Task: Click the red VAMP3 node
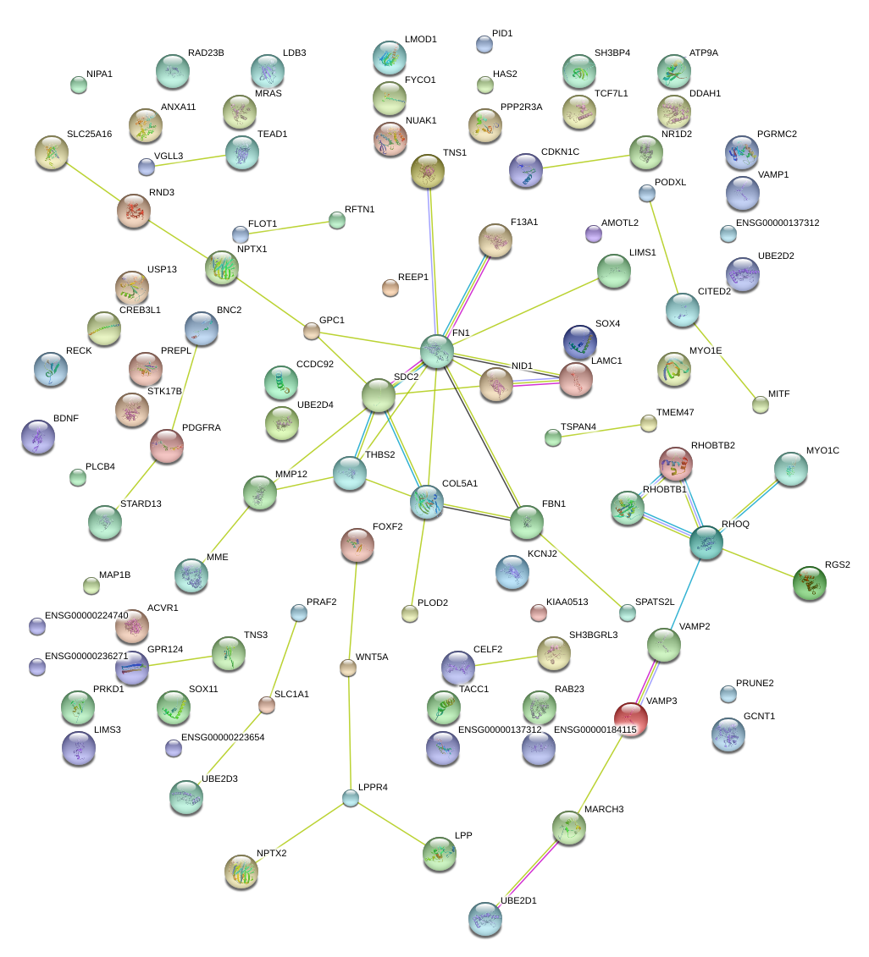(x=630, y=718)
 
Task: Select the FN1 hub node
(x=437, y=351)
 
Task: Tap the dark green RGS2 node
(x=809, y=583)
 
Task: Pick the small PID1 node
(x=484, y=43)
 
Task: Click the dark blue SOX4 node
(x=580, y=341)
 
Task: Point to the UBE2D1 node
(x=485, y=920)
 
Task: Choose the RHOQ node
(x=706, y=542)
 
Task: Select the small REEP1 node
(x=390, y=288)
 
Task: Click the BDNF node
(x=38, y=437)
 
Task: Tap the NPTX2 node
(x=241, y=872)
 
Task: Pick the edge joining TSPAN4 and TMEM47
(x=601, y=430)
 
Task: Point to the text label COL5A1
(x=460, y=484)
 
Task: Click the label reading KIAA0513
(x=569, y=602)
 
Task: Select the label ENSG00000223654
(x=224, y=737)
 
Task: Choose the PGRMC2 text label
(x=777, y=134)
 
